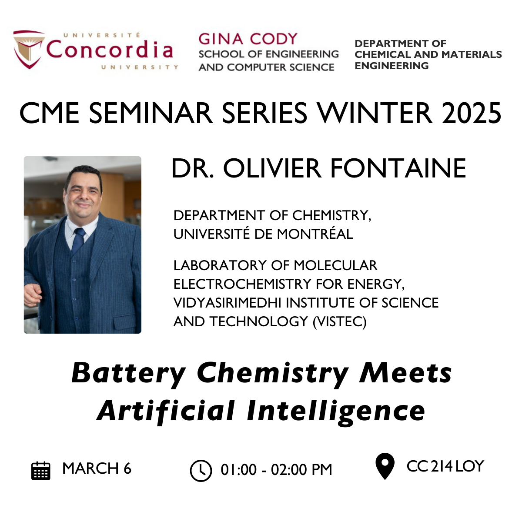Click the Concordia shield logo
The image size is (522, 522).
point(29,49)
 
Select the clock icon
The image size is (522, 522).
point(201,471)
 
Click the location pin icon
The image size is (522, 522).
point(385,466)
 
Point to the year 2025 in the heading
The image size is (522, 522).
point(471,113)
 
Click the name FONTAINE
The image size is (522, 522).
point(398,168)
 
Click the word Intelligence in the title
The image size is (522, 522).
point(336,412)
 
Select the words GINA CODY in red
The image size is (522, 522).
point(248,39)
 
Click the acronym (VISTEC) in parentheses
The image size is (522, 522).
point(340,321)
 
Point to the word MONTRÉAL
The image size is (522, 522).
point(315,234)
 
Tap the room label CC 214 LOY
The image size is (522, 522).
point(445,466)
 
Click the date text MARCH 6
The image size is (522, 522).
point(97,468)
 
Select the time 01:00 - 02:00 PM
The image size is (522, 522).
point(276,470)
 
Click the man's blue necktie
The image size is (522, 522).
point(78,240)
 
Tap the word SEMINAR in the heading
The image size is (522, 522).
point(151,113)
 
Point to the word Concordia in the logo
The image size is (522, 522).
point(110,49)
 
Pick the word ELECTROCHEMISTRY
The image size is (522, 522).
point(242,284)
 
